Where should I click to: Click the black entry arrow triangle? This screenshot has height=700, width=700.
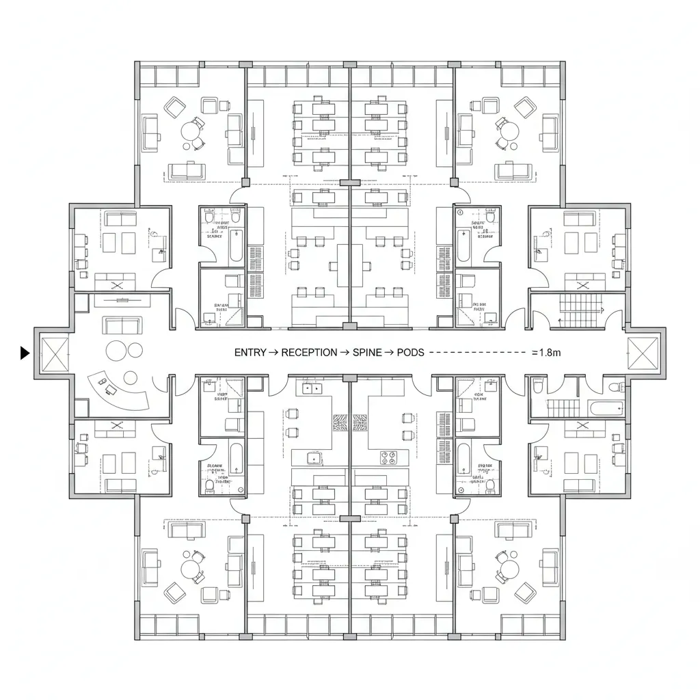(25, 353)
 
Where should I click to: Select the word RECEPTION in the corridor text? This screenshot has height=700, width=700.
(309, 353)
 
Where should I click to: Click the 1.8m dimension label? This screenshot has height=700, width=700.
(546, 353)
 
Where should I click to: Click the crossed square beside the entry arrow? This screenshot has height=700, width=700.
(53, 353)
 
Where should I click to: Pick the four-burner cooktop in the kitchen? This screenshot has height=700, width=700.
(388, 456)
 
